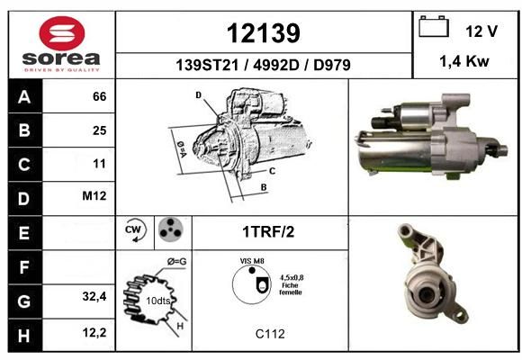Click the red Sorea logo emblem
coord(62,33)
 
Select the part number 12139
coord(264,33)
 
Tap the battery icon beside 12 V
coord(434,26)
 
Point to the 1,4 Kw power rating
coord(464,61)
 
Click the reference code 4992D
coord(276,65)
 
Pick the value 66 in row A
coord(100,96)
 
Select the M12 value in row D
coord(94,196)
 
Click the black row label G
coord(24,301)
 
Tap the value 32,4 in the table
coord(94,296)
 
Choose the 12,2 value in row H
coord(94,332)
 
